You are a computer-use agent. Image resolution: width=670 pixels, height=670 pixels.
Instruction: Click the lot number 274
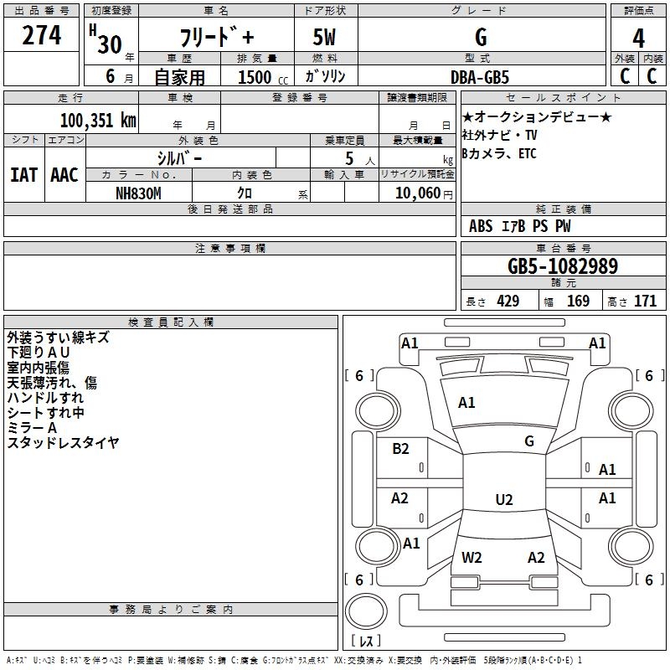pos(42,37)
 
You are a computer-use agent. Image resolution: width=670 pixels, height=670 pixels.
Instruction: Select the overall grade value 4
pos(638,39)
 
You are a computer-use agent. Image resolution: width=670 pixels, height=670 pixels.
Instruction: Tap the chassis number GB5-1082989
pos(563,266)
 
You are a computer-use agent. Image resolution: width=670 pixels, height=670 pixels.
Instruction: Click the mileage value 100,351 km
pos(98,120)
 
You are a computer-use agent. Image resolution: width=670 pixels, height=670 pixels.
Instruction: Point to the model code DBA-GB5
pos(481,76)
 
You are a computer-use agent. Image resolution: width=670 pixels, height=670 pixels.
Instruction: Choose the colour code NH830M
pos(138,193)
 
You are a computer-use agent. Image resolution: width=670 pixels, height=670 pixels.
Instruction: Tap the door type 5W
pos(325,39)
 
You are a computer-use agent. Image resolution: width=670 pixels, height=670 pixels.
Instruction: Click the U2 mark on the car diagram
pos(503,500)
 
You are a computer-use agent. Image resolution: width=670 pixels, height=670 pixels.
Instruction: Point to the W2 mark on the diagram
pos(472,557)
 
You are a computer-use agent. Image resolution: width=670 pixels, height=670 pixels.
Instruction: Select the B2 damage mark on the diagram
pos(400,449)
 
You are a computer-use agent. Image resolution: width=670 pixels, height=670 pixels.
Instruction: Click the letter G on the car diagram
pos(528,441)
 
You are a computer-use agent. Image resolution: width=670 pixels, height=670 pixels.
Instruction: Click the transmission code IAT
pos(23,175)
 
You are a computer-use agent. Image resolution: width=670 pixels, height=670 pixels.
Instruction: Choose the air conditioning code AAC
pos(64,175)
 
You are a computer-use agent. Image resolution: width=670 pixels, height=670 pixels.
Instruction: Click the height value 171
pos(645,301)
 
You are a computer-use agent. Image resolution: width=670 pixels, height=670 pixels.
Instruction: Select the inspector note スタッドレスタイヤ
pos(63,443)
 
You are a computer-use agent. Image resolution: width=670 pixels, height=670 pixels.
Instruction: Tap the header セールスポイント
pos(561,97)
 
